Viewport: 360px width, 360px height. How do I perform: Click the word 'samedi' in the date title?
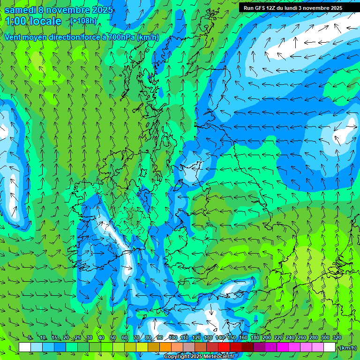[x=20, y=9]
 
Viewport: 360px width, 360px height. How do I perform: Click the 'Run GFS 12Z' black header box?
[x=293, y=8]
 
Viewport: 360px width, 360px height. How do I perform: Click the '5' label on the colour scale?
[x=30, y=337]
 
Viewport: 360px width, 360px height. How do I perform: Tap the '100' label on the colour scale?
[x=173, y=337]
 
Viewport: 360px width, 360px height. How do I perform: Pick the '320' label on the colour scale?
[x=337, y=337]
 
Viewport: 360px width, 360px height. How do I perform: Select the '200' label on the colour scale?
[x=267, y=337]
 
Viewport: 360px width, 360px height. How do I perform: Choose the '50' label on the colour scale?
[x=112, y=337]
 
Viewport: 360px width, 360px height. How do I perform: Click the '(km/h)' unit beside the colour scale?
[x=348, y=348]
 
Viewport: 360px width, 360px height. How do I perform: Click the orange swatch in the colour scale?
[x=165, y=347]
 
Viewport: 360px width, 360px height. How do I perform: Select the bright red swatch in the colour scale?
[x=224, y=347]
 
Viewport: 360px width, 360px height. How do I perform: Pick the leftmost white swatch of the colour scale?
[x=25, y=347]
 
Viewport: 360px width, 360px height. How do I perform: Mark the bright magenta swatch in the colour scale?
[x=283, y=347]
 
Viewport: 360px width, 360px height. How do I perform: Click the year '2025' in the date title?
[x=102, y=9]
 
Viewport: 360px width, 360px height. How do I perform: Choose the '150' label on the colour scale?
[x=232, y=337]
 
